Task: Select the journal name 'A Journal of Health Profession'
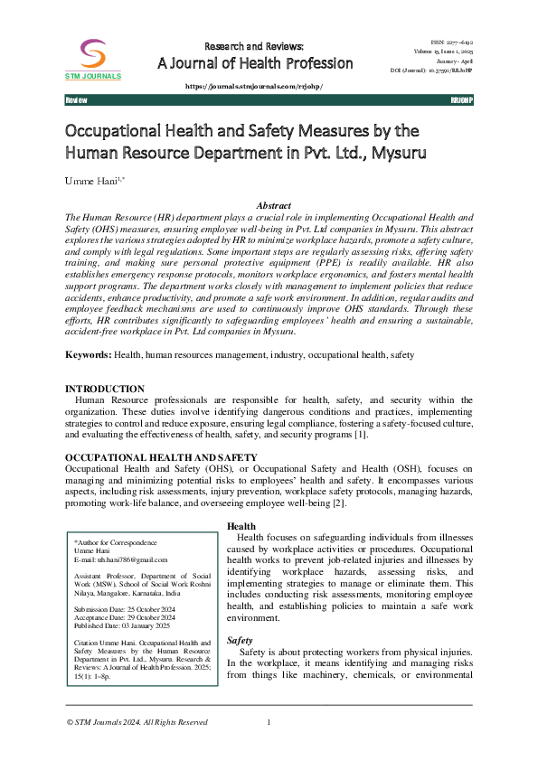click(256, 63)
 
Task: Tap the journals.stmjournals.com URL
click(254, 86)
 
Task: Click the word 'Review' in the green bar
click(77, 99)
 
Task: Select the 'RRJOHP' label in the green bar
click(461, 99)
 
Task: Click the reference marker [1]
click(361, 435)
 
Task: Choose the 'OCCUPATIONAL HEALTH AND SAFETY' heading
click(162, 458)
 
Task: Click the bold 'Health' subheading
click(241, 526)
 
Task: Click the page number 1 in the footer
click(269, 721)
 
